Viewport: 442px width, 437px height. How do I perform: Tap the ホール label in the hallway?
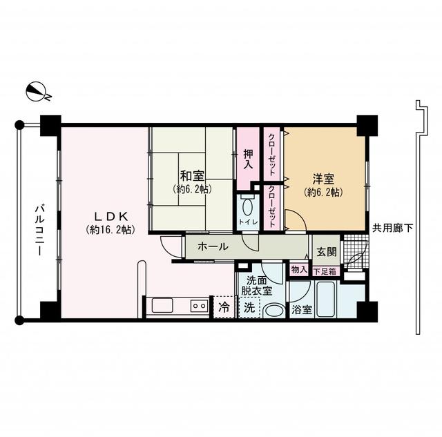pyautogui.click(x=213, y=246)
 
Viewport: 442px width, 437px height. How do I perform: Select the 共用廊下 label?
pyautogui.click(x=393, y=227)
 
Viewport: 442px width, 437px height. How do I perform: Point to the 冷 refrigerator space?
pyautogui.click(x=224, y=307)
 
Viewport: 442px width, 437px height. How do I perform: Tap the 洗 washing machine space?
pyautogui.click(x=247, y=307)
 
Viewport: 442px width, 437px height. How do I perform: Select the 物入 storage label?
pyautogui.click(x=298, y=270)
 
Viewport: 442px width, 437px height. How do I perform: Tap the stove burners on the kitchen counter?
pyautogui.click(x=199, y=306)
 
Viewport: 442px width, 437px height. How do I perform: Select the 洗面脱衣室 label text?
pyautogui.click(x=257, y=286)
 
